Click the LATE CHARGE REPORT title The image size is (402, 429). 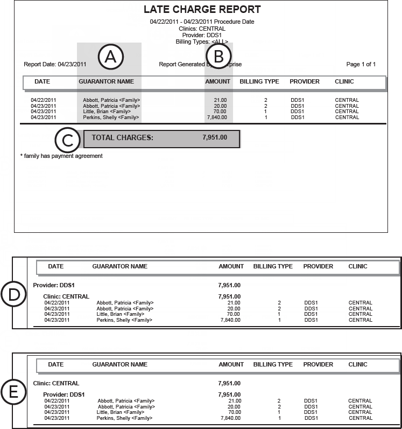tap(202, 10)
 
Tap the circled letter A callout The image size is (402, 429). tap(111, 57)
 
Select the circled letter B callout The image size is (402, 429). tap(218, 57)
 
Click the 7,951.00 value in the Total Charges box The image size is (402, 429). tap(215, 137)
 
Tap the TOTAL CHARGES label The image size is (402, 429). tap(122, 137)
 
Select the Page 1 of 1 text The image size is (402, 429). tap(361, 65)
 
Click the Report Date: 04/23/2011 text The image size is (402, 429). tap(55, 65)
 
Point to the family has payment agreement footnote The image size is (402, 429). tap(61, 156)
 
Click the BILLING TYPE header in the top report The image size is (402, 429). tap(259, 82)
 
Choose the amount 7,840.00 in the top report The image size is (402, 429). tap(217, 117)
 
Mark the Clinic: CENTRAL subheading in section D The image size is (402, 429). tap(66, 296)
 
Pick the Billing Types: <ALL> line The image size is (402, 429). tap(202, 41)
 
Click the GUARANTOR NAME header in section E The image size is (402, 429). tap(119, 365)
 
